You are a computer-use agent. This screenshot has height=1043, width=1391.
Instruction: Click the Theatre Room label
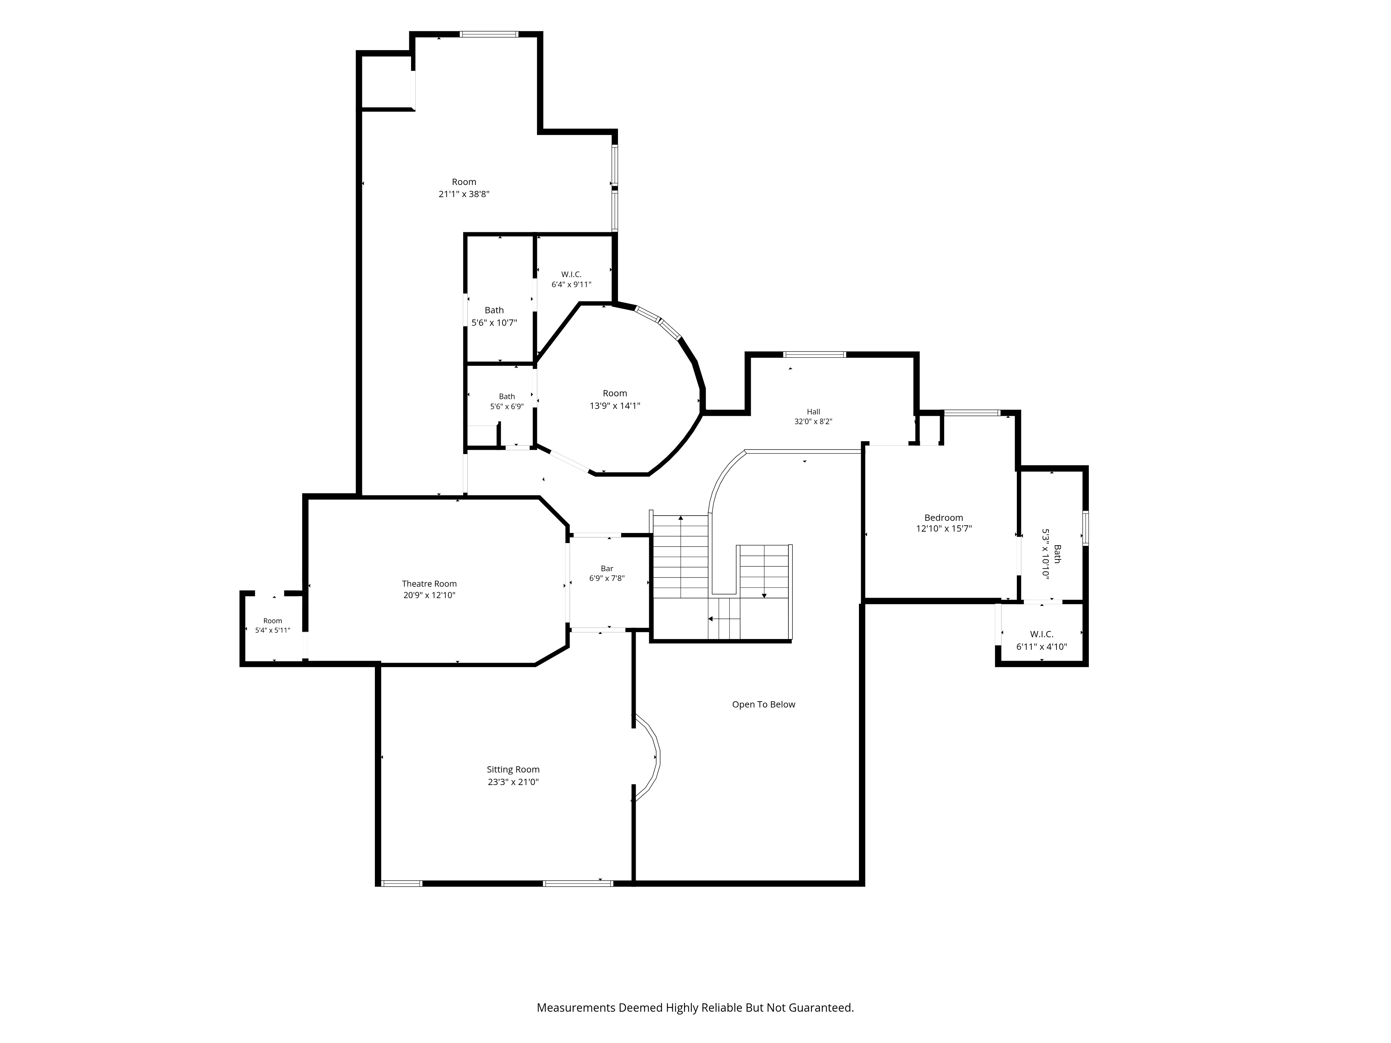point(429,583)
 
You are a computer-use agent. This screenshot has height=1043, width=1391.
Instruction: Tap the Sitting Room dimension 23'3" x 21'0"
point(513,782)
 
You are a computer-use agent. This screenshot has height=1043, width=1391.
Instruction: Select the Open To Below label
point(763,704)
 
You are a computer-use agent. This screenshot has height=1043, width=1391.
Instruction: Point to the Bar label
point(607,568)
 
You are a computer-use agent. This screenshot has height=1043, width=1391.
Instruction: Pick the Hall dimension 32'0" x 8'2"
point(814,422)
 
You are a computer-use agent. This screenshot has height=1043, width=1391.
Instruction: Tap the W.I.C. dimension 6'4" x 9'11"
point(572,284)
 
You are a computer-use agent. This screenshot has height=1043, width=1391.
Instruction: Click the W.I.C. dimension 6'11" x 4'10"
point(1042,646)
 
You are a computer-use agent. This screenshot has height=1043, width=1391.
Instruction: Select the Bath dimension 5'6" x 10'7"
point(494,323)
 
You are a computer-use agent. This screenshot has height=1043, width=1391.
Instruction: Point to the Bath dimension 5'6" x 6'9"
point(507,406)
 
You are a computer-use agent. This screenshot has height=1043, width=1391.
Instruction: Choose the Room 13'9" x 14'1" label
point(615,399)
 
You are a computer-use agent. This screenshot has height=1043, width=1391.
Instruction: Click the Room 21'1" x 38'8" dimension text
point(464,194)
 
